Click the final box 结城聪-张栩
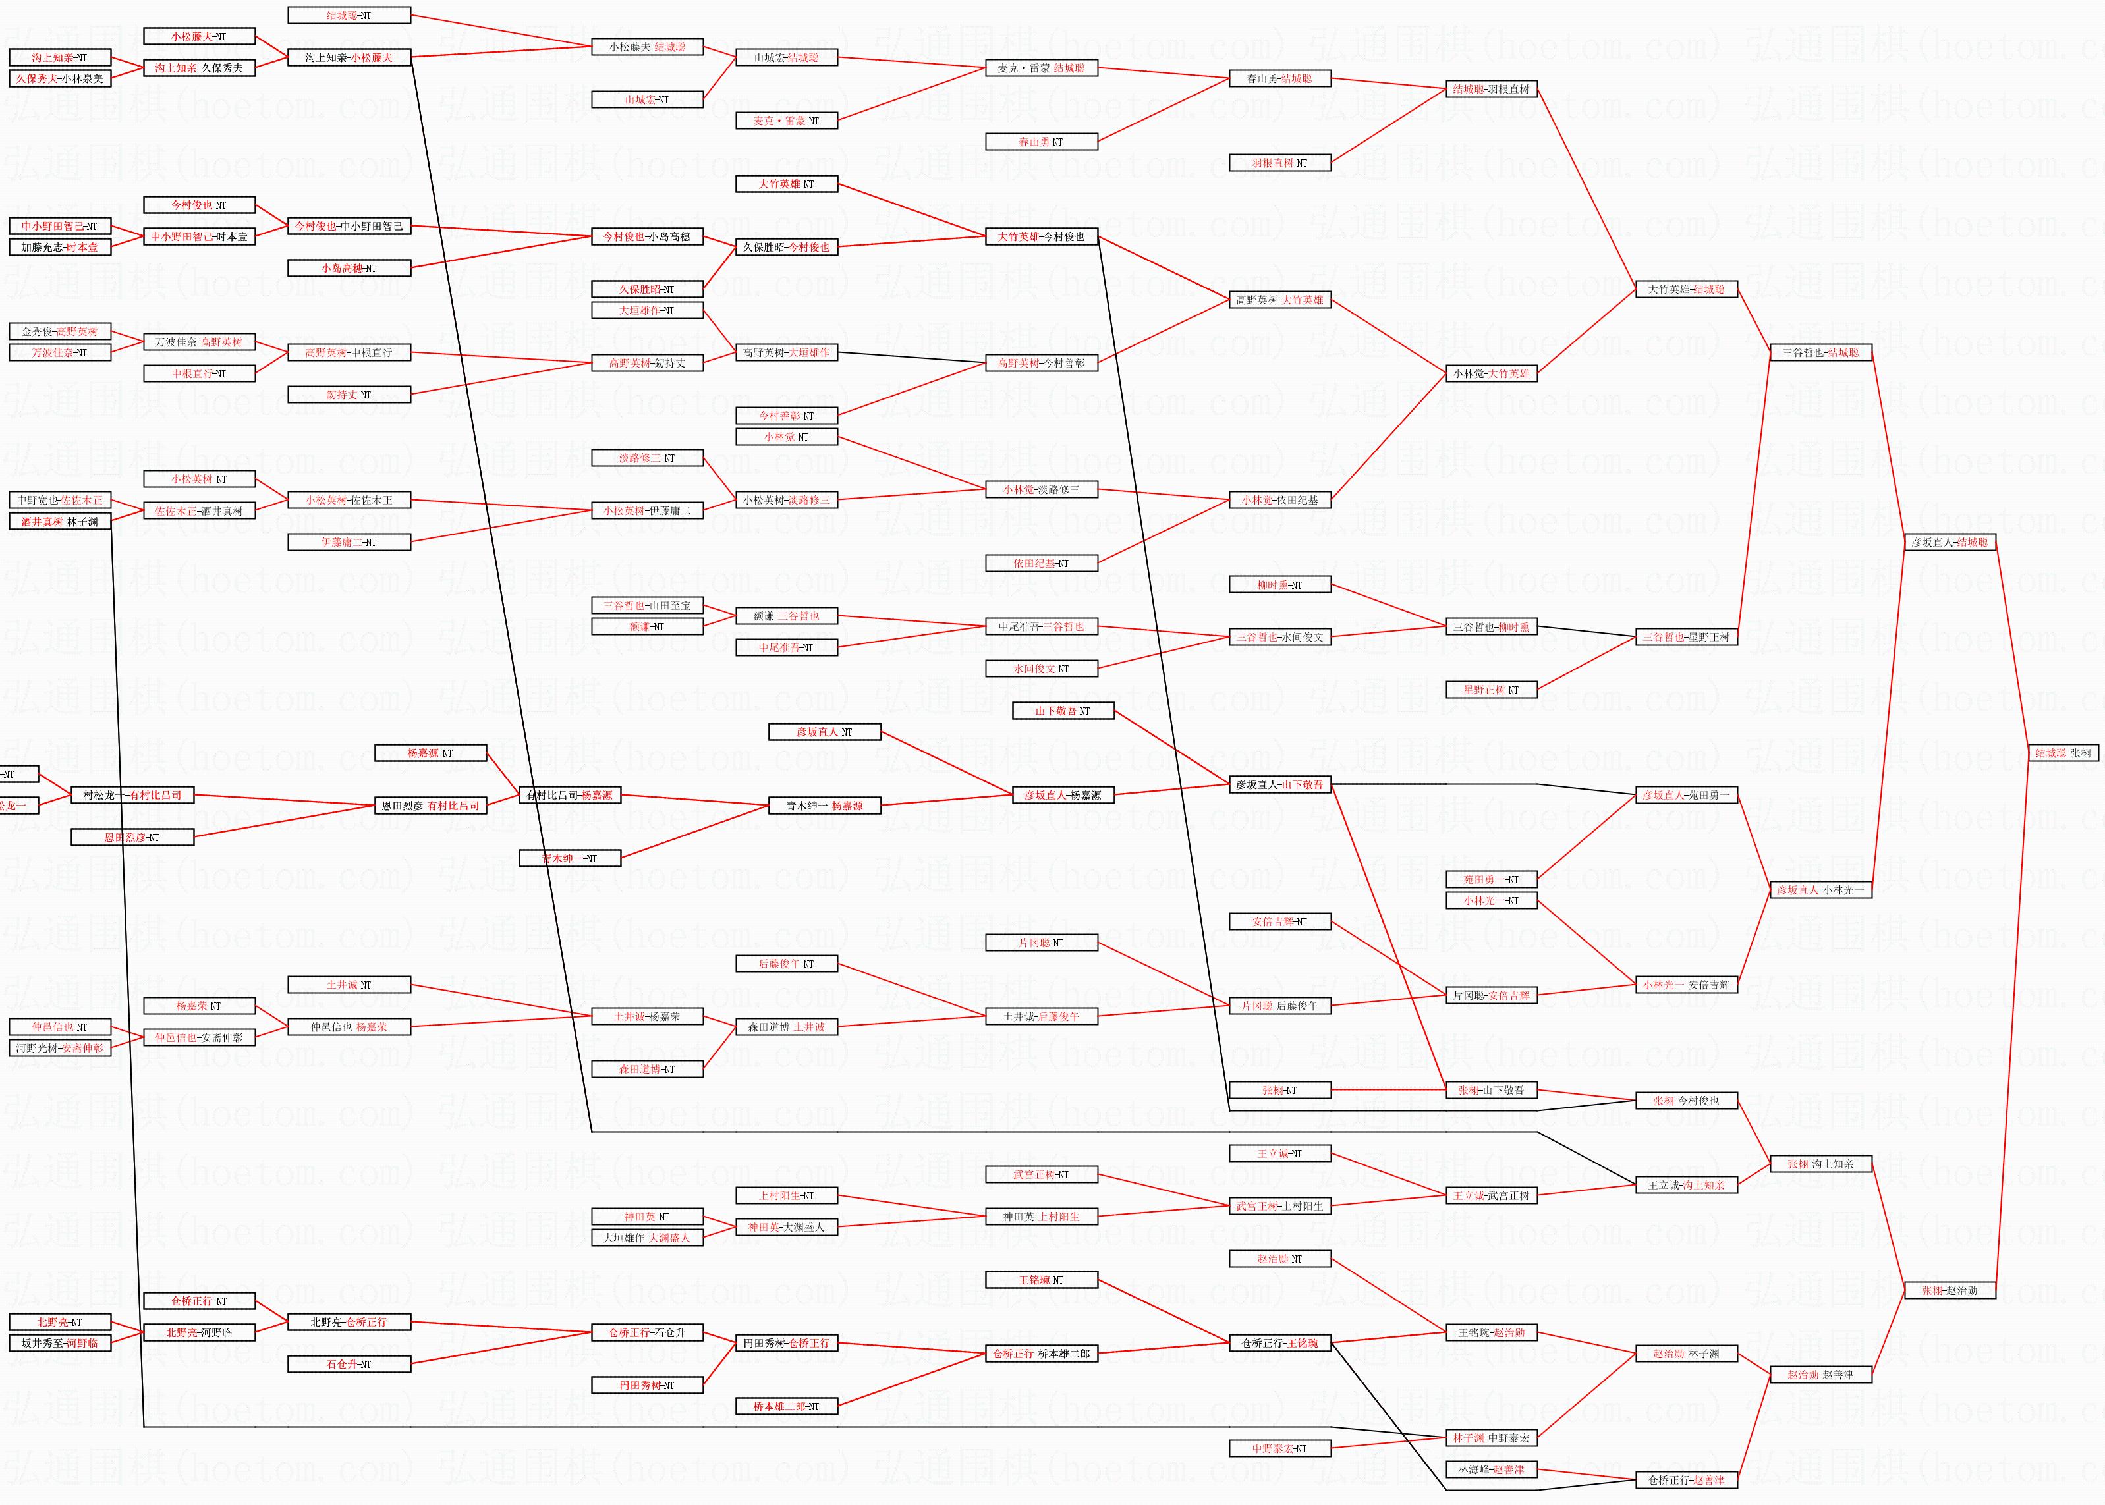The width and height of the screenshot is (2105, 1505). [x=2062, y=752]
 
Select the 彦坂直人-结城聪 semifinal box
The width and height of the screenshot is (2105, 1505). [x=1950, y=542]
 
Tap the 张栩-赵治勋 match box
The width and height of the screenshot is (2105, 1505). [x=1950, y=1290]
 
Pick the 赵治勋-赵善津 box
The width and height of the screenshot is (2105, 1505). [x=1820, y=1375]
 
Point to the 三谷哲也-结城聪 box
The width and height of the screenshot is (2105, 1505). [x=1820, y=352]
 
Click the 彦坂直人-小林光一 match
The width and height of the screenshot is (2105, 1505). [x=1820, y=890]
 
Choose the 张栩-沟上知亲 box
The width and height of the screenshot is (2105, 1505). [x=1820, y=1164]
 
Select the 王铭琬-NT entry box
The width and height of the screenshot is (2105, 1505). [x=1041, y=1280]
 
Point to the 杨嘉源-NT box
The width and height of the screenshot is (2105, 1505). [x=430, y=752]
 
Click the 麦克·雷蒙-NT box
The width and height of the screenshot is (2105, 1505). [x=786, y=121]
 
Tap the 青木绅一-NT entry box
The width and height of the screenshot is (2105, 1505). [x=569, y=858]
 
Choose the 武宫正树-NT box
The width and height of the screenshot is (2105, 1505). [x=1041, y=1174]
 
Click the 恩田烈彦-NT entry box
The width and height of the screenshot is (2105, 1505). [x=132, y=837]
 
